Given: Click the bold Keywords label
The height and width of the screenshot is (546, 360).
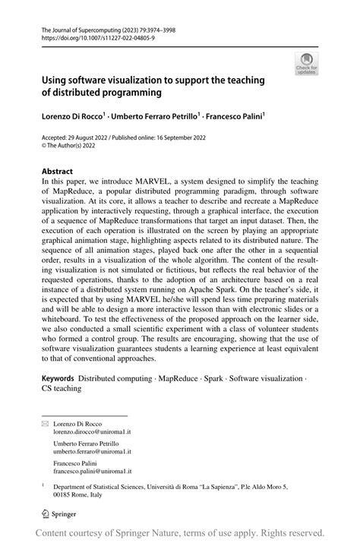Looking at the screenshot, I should pyautogui.click(x=58, y=377).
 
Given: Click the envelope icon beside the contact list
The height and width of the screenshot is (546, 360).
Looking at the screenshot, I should pyautogui.click(x=45, y=423).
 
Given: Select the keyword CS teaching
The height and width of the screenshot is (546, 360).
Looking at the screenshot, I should pyautogui.click(x=62, y=388).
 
